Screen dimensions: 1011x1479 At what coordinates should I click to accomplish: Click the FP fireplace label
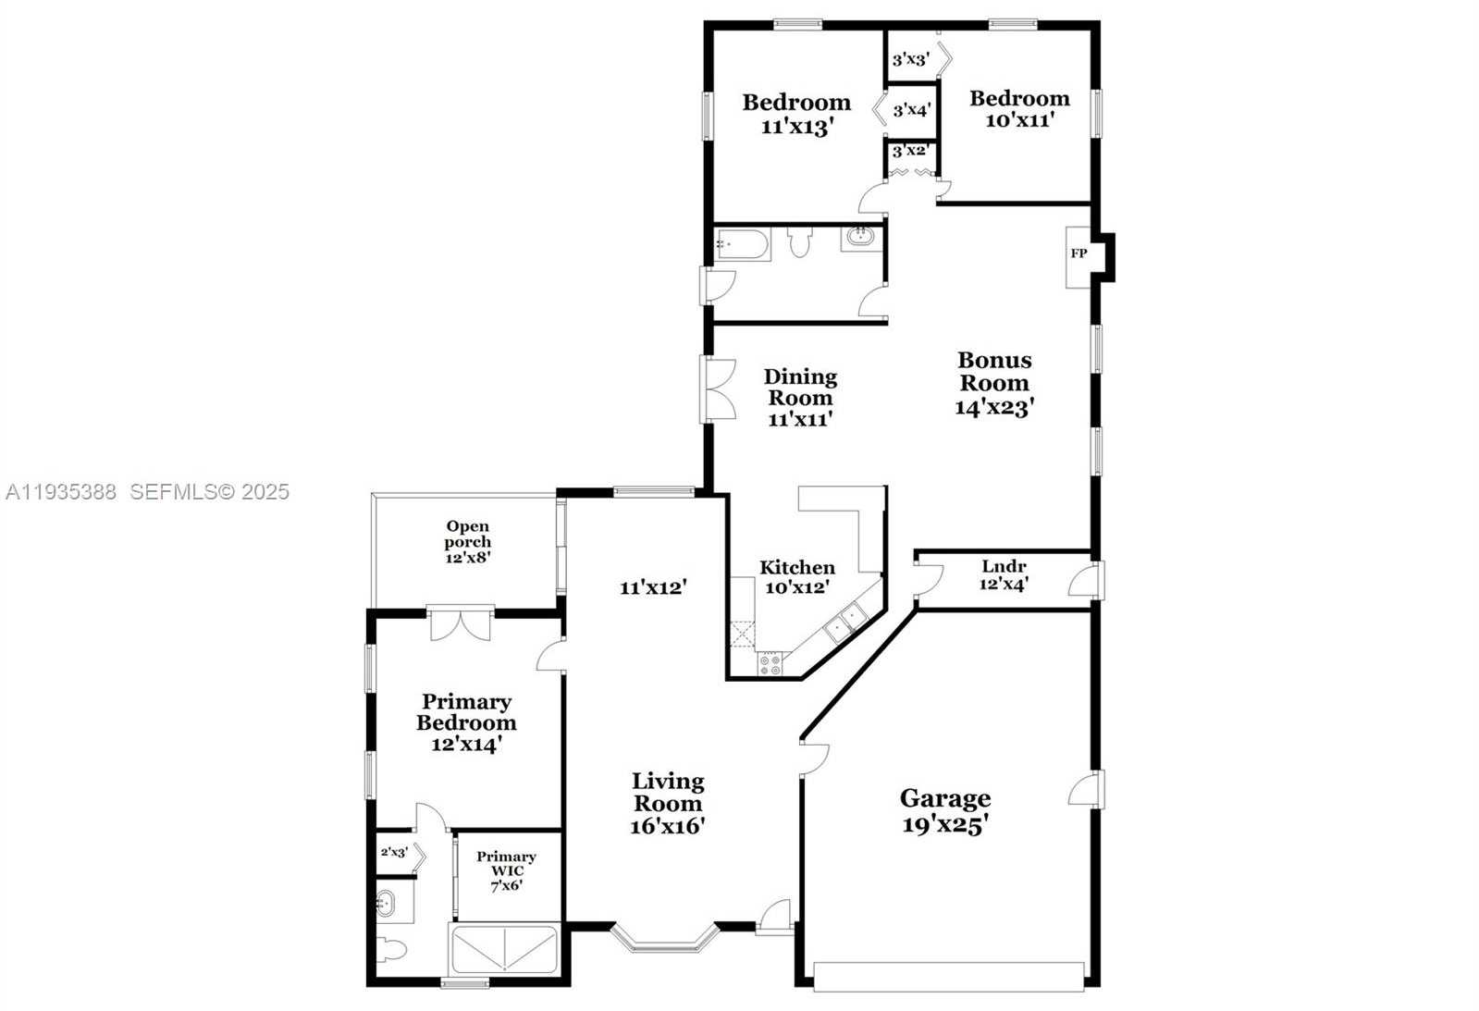point(1078,253)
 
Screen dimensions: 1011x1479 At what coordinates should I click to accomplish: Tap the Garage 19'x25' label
point(944,811)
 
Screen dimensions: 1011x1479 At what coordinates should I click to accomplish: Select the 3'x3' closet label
point(910,60)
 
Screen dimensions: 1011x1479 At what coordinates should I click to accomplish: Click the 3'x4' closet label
point(911,110)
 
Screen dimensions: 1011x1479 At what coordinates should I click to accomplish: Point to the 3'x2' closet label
point(910,151)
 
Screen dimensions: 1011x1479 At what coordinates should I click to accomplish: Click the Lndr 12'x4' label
point(1004,575)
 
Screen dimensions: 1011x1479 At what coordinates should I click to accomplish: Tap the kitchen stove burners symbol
point(770,663)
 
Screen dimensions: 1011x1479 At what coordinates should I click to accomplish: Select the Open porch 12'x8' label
point(467,542)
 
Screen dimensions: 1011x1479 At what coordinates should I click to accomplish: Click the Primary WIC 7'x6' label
point(506,870)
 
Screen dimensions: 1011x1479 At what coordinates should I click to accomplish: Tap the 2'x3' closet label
point(394,853)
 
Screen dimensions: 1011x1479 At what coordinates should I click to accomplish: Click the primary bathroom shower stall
point(504,948)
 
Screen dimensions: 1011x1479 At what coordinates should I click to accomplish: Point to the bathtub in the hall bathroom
point(742,244)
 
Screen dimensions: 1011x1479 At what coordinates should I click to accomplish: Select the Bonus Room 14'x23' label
point(994,383)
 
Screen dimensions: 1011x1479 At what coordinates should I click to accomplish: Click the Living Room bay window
point(665,938)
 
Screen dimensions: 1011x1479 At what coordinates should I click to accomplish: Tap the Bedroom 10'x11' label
point(1019,108)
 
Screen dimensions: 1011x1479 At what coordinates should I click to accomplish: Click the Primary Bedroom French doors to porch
point(460,623)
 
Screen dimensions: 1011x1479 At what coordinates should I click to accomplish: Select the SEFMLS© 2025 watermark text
point(209,492)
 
